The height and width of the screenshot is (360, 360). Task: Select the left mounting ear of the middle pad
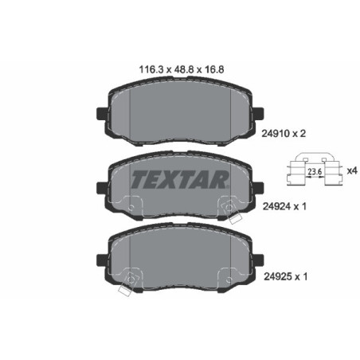tap(100, 189)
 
